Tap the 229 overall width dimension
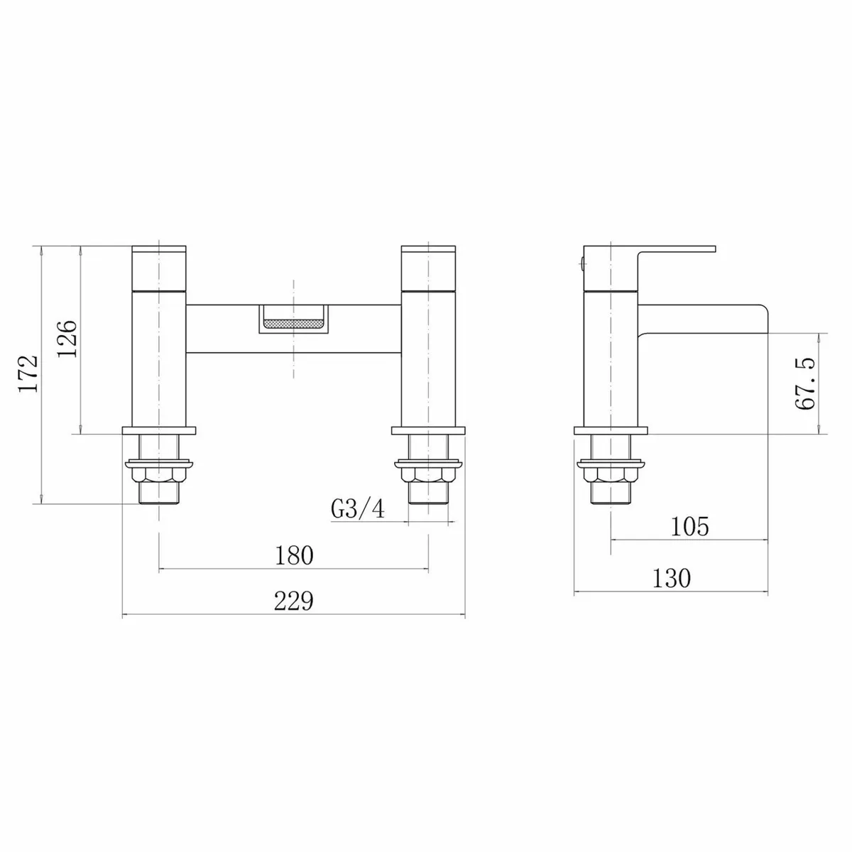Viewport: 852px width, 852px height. [294, 601]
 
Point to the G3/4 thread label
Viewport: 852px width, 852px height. [358, 509]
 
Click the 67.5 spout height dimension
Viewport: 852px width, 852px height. [805, 383]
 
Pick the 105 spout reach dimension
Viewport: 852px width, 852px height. [689, 526]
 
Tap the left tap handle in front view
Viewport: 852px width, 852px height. [160, 269]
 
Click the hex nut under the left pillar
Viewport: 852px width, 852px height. [160, 474]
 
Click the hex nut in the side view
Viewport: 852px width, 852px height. [611, 474]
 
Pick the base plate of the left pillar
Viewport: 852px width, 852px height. [160, 430]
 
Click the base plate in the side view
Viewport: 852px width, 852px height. [611, 430]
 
